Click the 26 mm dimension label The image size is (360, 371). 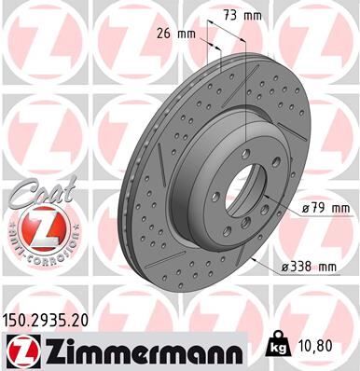click(x=177, y=34)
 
